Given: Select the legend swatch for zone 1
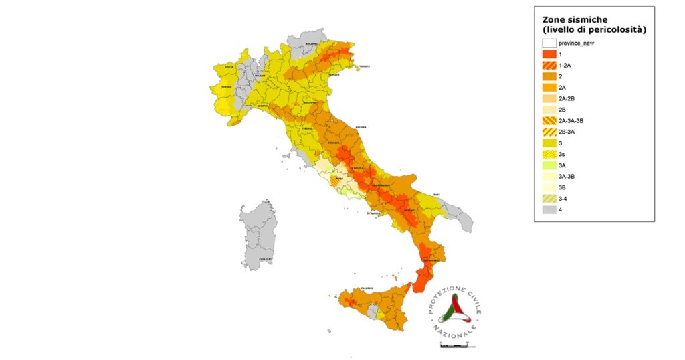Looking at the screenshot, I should [549, 54].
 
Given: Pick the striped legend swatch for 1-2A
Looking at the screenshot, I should [549, 66].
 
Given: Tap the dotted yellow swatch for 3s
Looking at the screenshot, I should [549, 154].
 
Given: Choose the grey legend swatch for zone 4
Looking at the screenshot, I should [549, 209].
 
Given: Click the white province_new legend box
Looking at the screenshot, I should [549, 43].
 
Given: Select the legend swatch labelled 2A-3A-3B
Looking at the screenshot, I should [549, 120].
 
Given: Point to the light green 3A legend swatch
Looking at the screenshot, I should [549, 165].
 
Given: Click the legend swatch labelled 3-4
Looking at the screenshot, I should [549, 199].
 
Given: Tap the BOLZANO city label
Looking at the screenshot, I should [312, 43].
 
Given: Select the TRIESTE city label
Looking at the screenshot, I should [363, 67].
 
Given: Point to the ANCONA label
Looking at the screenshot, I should [361, 128].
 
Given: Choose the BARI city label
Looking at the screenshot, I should [436, 195].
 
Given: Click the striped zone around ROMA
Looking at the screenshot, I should [334, 181].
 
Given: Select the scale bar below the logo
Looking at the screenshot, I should [458, 346].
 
